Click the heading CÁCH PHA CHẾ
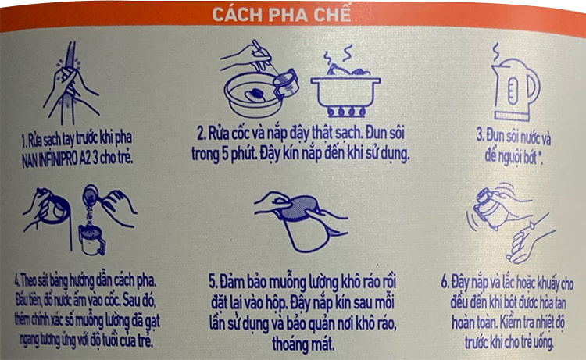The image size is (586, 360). [x=282, y=15]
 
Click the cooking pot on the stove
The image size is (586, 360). [x=345, y=88]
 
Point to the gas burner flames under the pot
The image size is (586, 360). [x=345, y=112]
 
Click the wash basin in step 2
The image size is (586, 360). [x=253, y=94]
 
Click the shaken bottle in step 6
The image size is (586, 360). [x=490, y=209]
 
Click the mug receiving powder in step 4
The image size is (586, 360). [x=91, y=240]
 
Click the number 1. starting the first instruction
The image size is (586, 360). [x=24, y=141]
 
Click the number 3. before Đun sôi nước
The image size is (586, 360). [x=481, y=136]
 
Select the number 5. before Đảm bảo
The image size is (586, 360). [x=213, y=282]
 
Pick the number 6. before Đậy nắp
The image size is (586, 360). [x=445, y=282]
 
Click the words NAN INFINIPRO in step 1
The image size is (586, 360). [x=50, y=159]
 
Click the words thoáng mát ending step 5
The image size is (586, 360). [x=303, y=344]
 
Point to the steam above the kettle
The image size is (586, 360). [x=496, y=52]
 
